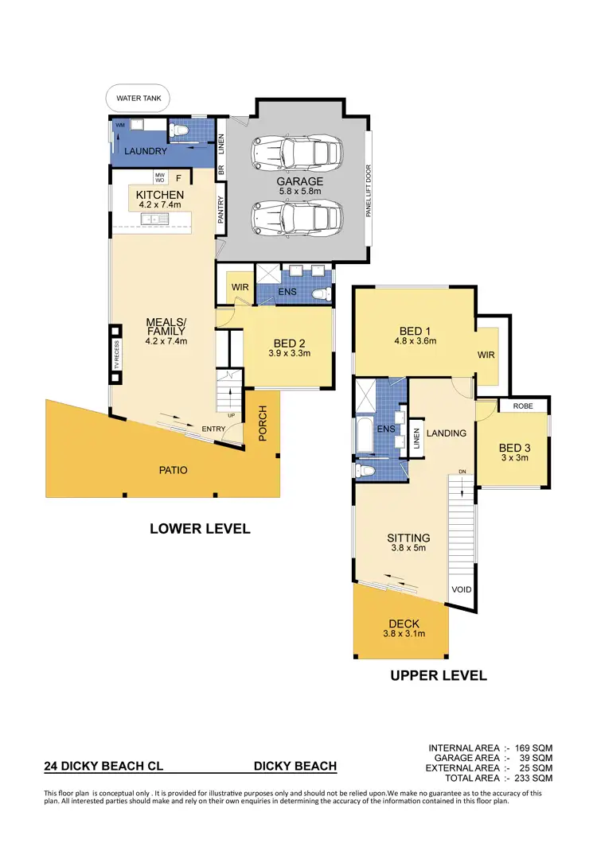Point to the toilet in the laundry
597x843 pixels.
click(x=179, y=129)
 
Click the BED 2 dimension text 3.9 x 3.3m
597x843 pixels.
click(x=288, y=353)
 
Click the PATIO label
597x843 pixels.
click(x=173, y=470)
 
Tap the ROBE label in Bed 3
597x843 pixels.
click(x=523, y=406)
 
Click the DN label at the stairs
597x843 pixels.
click(x=462, y=472)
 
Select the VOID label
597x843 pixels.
click(x=462, y=590)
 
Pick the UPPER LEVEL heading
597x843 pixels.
click(x=438, y=676)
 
